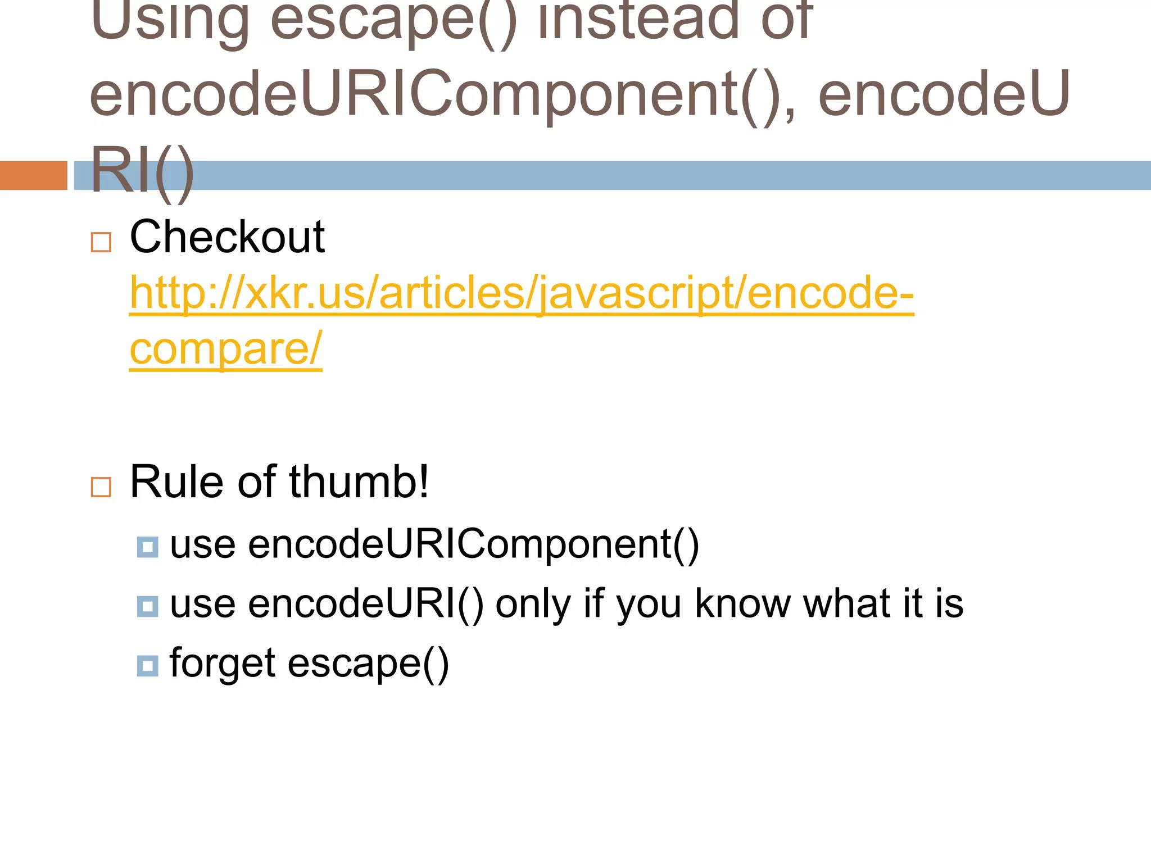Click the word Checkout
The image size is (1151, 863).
[227, 237]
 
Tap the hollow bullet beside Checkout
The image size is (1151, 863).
[101, 243]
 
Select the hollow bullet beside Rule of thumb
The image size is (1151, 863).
[101, 487]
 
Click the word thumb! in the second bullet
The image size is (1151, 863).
[359, 482]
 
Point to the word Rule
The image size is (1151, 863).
[175, 482]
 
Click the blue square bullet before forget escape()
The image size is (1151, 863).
[147, 666]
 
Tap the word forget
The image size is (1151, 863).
[223, 663]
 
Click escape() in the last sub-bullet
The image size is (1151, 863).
[368, 663]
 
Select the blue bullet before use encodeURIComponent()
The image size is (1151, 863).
[147, 547]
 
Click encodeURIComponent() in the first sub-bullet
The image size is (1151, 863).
[473, 544]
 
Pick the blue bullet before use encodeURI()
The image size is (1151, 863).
[147, 606]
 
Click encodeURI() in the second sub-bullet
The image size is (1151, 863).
[366, 604]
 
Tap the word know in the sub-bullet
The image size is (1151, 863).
[742, 604]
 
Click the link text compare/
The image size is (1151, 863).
[226, 349]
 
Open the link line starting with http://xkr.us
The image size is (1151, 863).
[522, 293]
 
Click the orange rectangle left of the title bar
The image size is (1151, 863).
[34, 175]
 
